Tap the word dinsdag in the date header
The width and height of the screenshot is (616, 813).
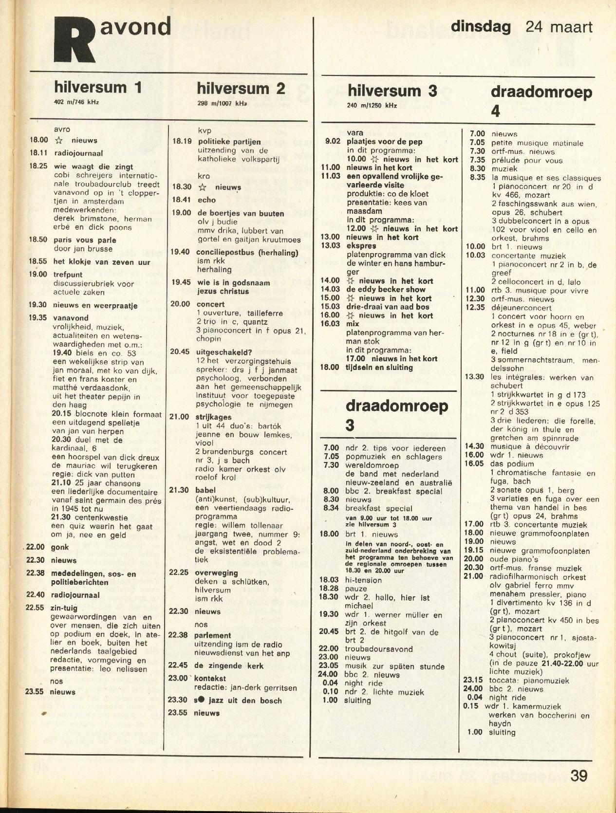tap(481, 26)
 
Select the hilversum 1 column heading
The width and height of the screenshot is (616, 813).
tap(98, 87)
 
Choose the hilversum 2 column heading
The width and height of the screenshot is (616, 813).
tap(241, 89)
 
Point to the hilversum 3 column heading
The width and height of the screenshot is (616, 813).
tap(392, 91)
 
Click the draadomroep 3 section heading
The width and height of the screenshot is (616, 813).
tap(396, 415)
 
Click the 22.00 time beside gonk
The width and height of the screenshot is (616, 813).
tap(35, 547)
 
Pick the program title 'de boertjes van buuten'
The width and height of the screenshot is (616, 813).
tap(241, 213)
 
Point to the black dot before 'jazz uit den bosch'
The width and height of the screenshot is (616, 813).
tap(201, 701)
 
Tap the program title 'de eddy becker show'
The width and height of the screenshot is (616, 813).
tap(386, 289)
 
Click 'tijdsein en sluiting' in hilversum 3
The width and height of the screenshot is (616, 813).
tap(379, 367)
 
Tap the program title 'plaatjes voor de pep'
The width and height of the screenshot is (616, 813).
tap(384, 142)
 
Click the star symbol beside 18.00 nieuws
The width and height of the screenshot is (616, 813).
tap(59, 141)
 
